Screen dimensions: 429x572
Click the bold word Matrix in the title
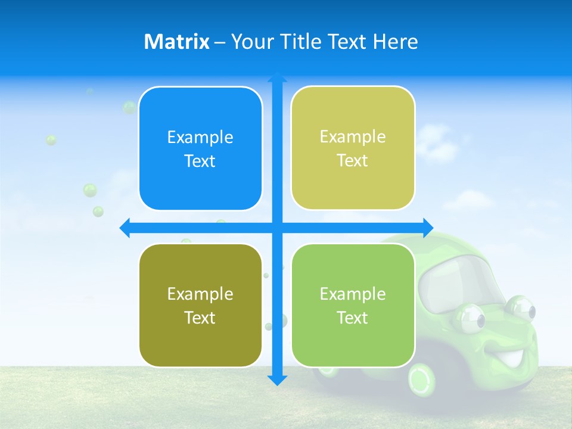[177, 42]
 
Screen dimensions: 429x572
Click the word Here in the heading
[396, 42]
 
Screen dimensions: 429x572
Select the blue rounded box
[200, 148]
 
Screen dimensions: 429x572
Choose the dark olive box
[200, 305]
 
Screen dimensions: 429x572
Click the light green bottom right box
[353, 305]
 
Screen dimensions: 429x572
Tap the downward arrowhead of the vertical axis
[277, 380]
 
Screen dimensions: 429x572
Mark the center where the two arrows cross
[277, 228]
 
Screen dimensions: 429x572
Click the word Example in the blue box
[200, 138]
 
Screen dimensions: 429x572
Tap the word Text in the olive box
[200, 318]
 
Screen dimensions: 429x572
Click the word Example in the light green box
[353, 294]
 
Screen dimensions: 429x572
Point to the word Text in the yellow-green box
[353, 160]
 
